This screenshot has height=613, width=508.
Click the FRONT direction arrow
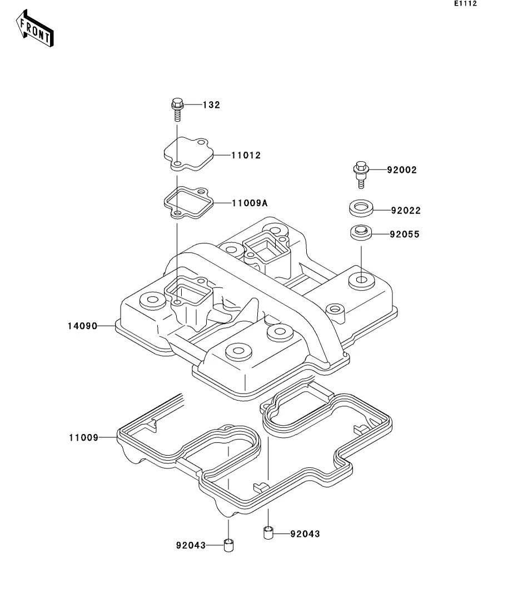click(x=34, y=29)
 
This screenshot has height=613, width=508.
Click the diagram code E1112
click(x=465, y=3)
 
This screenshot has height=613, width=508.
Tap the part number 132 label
click(x=211, y=105)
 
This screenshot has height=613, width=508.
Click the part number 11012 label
click(x=246, y=155)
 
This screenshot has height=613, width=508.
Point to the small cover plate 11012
click(x=188, y=154)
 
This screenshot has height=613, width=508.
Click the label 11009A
click(x=250, y=203)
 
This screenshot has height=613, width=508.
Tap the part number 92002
click(x=402, y=170)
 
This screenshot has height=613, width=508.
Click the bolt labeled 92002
click(x=361, y=174)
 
